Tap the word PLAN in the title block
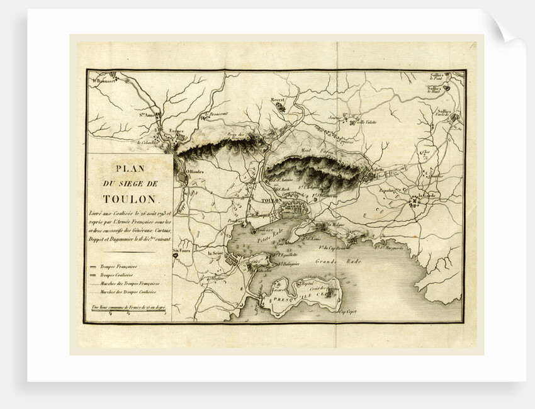(x=129, y=169)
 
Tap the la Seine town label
(x=217, y=253)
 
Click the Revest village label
(x=278, y=99)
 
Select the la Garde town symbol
(x=415, y=202)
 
